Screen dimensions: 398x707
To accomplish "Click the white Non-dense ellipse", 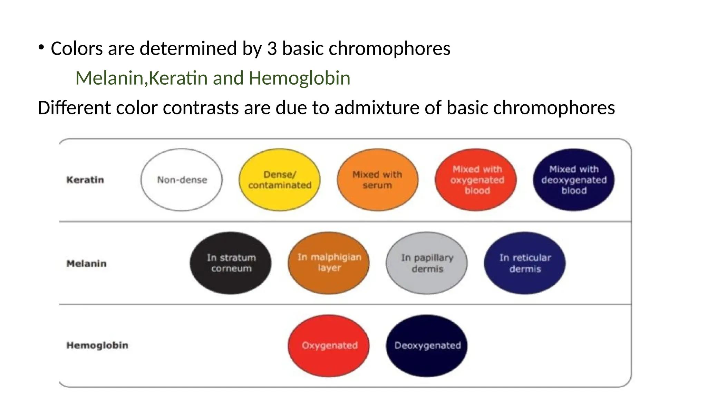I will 182,180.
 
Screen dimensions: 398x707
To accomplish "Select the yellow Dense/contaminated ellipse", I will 280,180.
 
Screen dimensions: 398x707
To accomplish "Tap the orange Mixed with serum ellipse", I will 377,180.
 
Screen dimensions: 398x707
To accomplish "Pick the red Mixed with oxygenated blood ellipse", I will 476,180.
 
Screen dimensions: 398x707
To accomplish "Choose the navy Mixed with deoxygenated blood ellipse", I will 574,180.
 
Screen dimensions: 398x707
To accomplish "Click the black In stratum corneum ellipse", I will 231,263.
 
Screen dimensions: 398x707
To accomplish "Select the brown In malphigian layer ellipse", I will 329,263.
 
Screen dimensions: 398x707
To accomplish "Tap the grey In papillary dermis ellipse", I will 427,263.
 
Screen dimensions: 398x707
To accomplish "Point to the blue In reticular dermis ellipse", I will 525,263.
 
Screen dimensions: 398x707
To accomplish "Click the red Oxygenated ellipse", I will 329,345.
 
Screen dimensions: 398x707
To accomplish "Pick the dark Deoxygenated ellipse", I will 427,345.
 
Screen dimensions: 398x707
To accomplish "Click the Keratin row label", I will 85,180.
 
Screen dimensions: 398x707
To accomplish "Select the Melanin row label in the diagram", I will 86,264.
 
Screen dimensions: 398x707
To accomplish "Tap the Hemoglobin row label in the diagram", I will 97,345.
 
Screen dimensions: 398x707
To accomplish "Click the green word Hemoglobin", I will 299,78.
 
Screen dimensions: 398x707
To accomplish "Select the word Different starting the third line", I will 74,108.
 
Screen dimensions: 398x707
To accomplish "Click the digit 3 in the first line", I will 272,49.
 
